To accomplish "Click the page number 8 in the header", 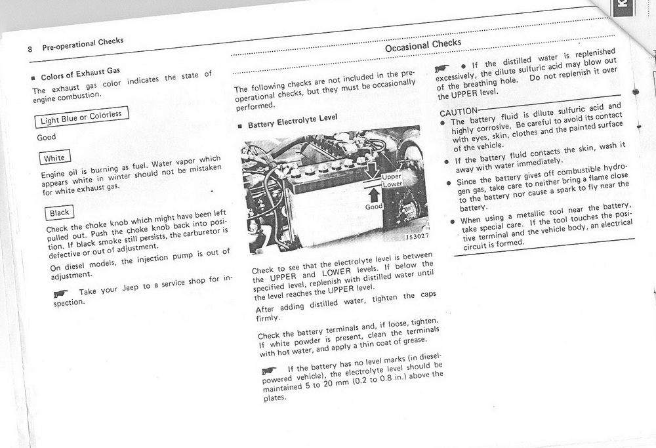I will (x=30, y=49).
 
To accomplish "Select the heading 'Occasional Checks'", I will (x=423, y=44).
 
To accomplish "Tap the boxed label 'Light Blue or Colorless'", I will (x=81, y=118).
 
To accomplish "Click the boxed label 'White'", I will (x=54, y=157).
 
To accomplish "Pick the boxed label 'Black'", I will (x=59, y=212).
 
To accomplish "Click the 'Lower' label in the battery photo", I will (x=392, y=185).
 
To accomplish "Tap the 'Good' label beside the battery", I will (x=373, y=207).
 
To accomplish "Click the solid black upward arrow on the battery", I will (x=375, y=194).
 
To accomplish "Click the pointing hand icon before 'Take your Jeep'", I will (x=64, y=293).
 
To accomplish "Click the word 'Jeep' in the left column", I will (x=133, y=285).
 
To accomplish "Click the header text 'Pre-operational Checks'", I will (x=83, y=45).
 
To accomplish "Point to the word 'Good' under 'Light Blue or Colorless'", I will (x=47, y=138).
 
